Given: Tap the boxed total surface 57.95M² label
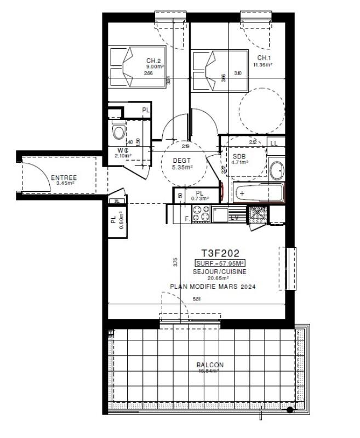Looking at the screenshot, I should (x=221, y=264).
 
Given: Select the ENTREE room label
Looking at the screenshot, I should (x=64, y=178).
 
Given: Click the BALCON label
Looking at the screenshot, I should (x=210, y=365).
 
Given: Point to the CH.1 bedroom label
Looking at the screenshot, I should (x=264, y=58).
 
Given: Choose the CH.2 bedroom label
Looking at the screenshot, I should (x=153, y=61).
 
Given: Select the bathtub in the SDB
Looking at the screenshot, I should (x=259, y=194).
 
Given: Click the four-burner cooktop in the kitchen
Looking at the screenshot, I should (x=199, y=214).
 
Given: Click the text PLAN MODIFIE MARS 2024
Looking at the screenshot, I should (x=213, y=287).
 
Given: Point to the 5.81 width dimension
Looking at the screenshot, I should (x=197, y=299).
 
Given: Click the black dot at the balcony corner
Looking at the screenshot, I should (x=290, y=409).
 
